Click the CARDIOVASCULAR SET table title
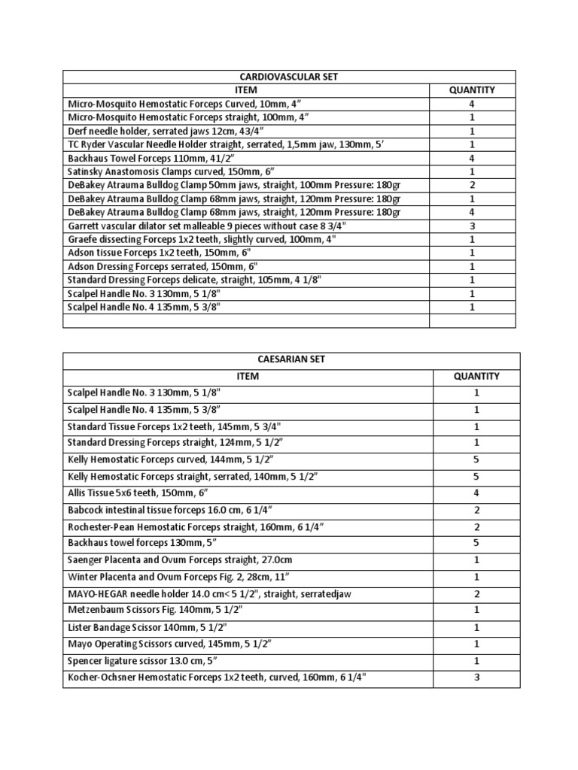click(x=289, y=77)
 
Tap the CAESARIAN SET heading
click(x=291, y=359)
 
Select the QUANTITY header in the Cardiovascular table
click(x=472, y=90)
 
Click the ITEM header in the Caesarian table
click(x=248, y=376)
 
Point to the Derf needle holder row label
click(x=143, y=131)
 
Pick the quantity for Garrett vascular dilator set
click(x=472, y=226)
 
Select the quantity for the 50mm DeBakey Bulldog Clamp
click(x=472, y=185)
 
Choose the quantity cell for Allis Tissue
click(x=476, y=493)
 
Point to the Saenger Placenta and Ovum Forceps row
click(x=172, y=561)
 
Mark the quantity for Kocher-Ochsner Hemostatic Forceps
click(x=476, y=678)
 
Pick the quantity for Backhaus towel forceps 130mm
click(x=476, y=543)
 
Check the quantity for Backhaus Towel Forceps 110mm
click(x=472, y=158)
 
